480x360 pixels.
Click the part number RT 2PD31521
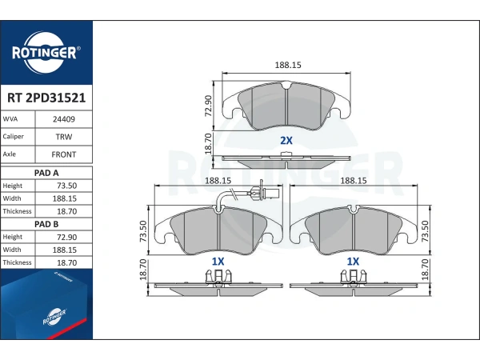[46, 98]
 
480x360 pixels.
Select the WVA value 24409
[64, 119]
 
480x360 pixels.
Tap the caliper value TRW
[64, 137]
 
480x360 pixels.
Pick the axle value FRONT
[64, 154]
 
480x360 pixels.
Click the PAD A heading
[46, 173]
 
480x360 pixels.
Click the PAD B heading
[46, 224]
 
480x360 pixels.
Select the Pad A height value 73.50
[66, 186]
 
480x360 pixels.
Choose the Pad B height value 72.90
[66, 238]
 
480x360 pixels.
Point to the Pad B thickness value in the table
[66, 262]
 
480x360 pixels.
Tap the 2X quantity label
[286, 141]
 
